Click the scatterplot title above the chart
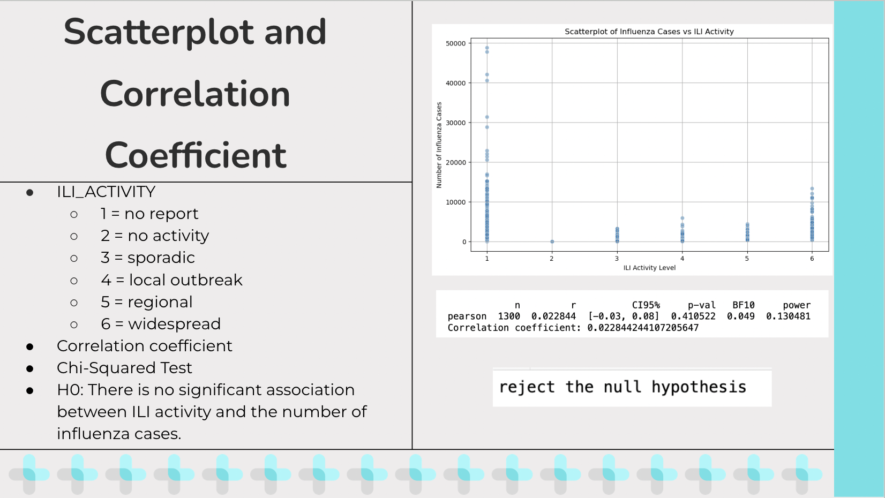pyautogui.click(x=649, y=32)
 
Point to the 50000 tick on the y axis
pyautogui.click(x=455, y=43)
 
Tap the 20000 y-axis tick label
pyautogui.click(x=455, y=162)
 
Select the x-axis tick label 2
pyautogui.click(x=552, y=258)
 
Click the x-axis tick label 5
pyautogui.click(x=747, y=258)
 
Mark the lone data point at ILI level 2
pyautogui.click(x=552, y=242)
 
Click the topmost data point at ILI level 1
pyautogui.click(x=487, y=48)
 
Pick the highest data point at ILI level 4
pyautogui.click(x=682, y=218)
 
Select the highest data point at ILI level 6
pyautogui.click(x=812, y=189)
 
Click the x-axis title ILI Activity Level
pyautogui.click(x=649, y=268)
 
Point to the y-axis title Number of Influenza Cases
pyautogui.click(x=439, y=145)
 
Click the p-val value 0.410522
pyautogui.click(x=693, y=316)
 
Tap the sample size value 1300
pyautogui.click(x=509, y=316)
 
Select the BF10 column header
pyautogui.click(x=743, y=305)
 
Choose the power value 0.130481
pyautogui.click(x=788, y=316)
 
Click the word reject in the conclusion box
pyautogui.click(x=527, y=387)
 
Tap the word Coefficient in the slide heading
pyautogui.click(x=196, y=155)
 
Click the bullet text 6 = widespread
pyautogui.click(x=160, y=324)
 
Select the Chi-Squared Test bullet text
pyautogui.click(x=124, y=368)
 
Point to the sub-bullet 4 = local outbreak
pyautogui.click(x=171, y=280)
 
